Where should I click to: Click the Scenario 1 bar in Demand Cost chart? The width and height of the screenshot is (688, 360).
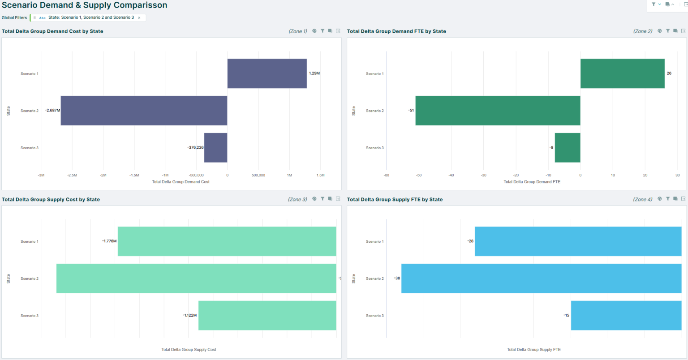tap(267, 73)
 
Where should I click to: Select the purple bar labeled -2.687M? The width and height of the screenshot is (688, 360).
tap(144, 111)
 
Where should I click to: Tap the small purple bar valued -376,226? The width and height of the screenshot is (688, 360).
tap(215, 148)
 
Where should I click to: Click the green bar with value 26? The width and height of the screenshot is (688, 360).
tap(622, 73)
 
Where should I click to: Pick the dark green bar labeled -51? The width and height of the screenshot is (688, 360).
tap(498, 111)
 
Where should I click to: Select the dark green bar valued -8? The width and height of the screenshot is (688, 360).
tap(567, 148)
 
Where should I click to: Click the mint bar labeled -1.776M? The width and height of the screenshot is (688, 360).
tap(227, 241)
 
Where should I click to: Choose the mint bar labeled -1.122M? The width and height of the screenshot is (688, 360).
tap(267, 316)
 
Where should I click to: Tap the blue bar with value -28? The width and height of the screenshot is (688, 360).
tap(578, 241)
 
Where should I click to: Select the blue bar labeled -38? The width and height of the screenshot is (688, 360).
tap(541, 279)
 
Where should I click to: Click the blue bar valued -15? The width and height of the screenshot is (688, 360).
tap(626, 316)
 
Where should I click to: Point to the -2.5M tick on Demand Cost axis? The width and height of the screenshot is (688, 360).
tap(72, 175)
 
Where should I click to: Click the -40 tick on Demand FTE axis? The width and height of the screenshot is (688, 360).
tap(451, 175)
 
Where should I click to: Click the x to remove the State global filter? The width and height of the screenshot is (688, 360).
tap(139, 18)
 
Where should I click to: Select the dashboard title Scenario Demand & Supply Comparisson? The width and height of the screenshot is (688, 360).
tap(85, 5)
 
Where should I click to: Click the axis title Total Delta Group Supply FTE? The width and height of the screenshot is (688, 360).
tap(533, 350)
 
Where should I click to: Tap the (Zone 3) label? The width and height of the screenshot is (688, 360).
tap(297, 199)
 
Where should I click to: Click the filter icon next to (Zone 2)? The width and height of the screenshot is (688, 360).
tap(667, 31)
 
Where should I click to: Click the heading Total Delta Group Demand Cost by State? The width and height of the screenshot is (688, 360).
tap(52, 31)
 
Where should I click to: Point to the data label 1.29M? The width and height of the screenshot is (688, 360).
tap(314, 73)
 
